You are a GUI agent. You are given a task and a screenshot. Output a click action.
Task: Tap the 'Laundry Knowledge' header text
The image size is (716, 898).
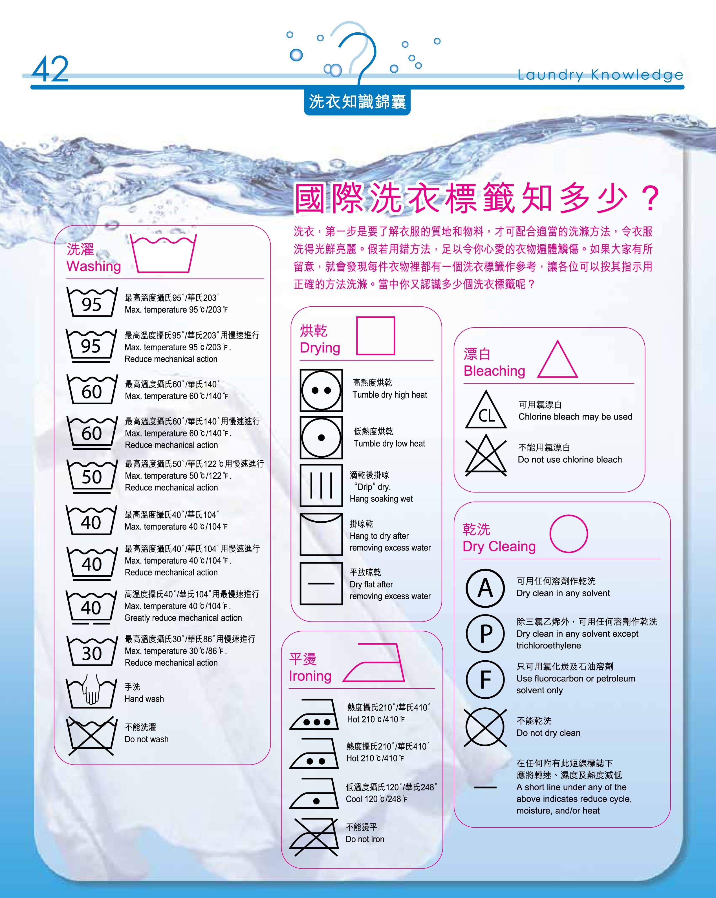600,75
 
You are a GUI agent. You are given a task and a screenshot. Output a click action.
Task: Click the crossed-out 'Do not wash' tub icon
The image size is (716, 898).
91,736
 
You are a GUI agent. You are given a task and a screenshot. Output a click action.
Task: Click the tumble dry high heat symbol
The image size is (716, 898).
321,390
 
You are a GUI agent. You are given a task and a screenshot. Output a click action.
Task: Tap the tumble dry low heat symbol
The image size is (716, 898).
321,437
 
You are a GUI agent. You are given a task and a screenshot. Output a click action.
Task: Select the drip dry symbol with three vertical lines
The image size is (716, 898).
321,485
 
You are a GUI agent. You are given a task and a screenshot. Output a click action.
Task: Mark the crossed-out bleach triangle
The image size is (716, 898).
486,454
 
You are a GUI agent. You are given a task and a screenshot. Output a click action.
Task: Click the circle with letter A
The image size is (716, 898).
485,588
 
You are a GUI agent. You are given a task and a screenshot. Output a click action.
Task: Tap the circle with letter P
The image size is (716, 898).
485,634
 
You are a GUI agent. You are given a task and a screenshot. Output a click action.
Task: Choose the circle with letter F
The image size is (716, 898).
485,679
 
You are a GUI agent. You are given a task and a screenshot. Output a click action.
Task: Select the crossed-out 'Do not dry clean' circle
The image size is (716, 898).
485,727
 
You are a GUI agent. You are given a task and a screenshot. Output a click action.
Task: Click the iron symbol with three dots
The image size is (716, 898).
314,714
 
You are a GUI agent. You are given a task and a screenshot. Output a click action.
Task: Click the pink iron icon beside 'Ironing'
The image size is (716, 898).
374,663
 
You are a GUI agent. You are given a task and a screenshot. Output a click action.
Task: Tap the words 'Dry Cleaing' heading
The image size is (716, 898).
499,547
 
